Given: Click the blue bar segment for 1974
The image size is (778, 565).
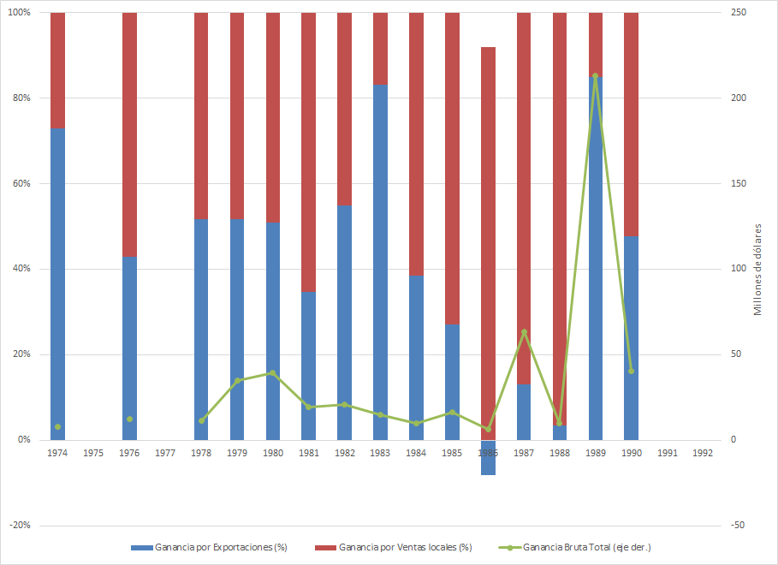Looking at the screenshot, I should click(57, 282).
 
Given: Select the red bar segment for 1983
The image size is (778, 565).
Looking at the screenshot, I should click(380, 48).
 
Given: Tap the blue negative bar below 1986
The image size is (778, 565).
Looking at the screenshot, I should click(488, 458).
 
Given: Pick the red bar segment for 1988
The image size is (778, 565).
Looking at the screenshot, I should click(560, 214).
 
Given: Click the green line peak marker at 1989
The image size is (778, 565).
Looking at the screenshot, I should click(595, 76).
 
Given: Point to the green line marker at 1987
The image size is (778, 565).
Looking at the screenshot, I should click(524, 332).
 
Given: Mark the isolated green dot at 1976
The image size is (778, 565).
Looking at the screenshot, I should click(129, 419).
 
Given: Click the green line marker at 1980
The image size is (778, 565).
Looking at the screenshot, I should click(273, 373).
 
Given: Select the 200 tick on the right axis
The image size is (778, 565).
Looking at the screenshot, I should click(737, 98).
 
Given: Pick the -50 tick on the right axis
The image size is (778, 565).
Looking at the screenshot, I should click(736, 526).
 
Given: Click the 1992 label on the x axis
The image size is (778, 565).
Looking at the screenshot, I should click(703, 452).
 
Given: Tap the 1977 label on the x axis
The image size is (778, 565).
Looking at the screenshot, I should click(165, 452).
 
